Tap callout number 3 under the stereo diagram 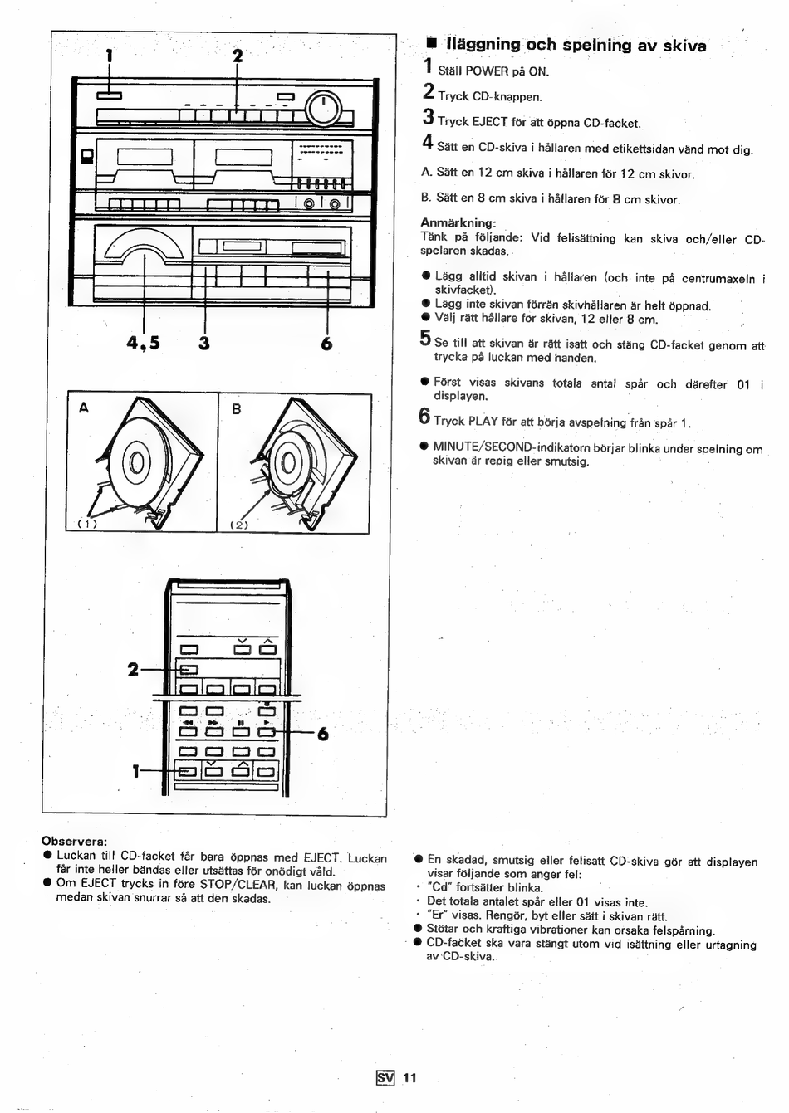pos(204,344)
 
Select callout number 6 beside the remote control pos(323,734)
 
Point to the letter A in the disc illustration pos(84,408)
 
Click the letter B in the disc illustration pos(237,409)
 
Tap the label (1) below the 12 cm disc pos(87,525)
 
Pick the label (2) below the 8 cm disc pos(239,525)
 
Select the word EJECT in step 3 pos(490,122)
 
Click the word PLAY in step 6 pos(483,422)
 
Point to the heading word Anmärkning pos(458,222)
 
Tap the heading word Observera pos(75,842)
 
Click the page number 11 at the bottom pos(409,1077)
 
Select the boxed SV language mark pos(385,1077)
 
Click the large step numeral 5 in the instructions pos(425,338)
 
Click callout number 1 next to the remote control pos(135,771)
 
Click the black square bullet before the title pos(431,45)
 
